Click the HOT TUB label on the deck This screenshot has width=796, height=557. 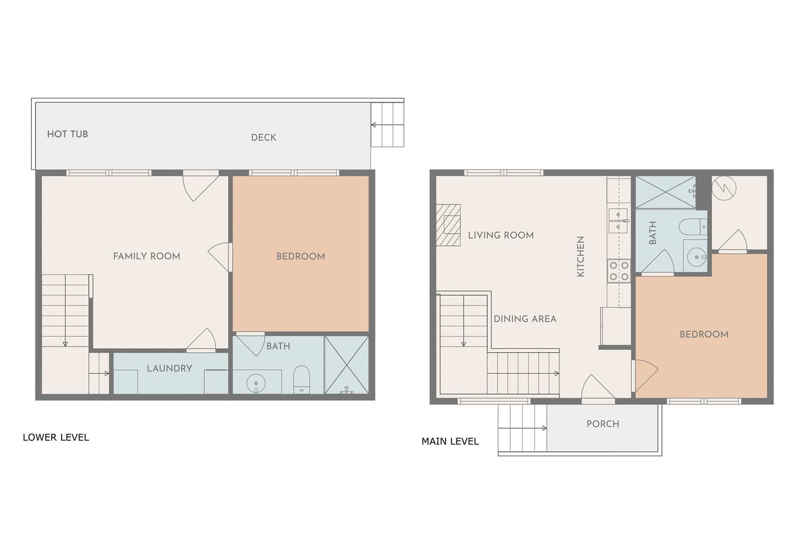(67, 134)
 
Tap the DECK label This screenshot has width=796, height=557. (263, 138)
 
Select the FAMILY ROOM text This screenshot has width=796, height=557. (146, 256)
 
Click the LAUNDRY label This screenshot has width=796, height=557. (169, 368)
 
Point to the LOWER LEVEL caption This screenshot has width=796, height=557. (56, 437)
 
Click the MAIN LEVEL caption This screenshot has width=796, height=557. (450, 442)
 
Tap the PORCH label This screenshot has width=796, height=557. (603, 424)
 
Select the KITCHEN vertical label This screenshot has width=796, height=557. (580, 256)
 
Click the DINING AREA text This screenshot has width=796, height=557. (525, 319)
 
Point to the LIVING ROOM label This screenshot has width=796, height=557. (501, 236)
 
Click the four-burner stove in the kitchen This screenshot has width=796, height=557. (619, 271)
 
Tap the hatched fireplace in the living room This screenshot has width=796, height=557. (448, 225)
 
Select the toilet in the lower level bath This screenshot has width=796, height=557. (302, 379)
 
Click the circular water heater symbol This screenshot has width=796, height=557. (724, 188)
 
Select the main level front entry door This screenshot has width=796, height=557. (598, 389)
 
